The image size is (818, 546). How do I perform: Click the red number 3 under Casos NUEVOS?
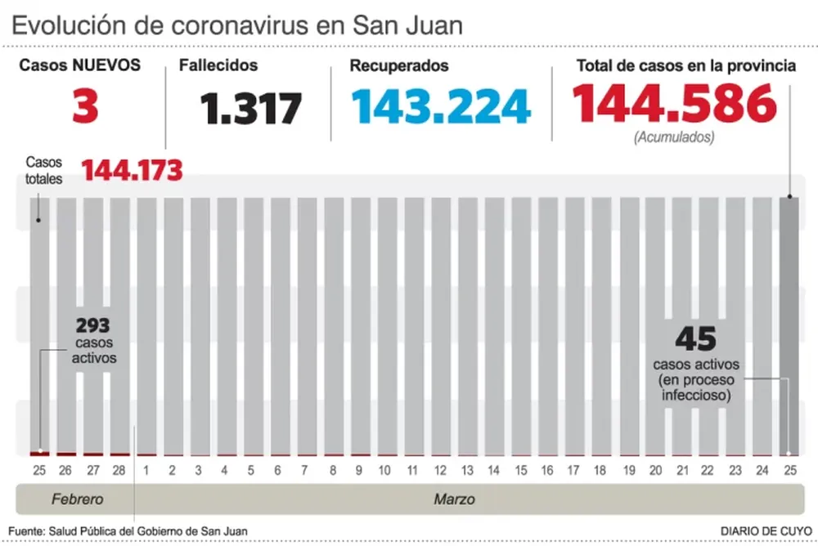pos(85,106)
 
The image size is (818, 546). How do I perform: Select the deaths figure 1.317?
pos(252,108)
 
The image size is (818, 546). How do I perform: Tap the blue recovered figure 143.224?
pos(440,106)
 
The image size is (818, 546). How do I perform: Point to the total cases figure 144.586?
pos(673,105)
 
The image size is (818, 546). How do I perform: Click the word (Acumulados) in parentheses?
pos(673,137)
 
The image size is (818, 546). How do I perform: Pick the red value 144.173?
pos(132,171)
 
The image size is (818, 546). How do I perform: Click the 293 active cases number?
pos(92,325)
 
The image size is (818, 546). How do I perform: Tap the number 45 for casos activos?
pos(695,338)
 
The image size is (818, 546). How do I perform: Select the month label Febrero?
pos(78,499)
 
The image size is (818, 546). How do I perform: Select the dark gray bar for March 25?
pos(789,327)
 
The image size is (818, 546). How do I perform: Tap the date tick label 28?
pos(119,470)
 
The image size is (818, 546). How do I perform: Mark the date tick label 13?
pos(467,470)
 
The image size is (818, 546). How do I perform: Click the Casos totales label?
pos(43,170)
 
